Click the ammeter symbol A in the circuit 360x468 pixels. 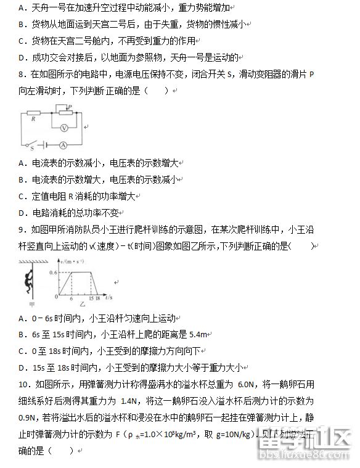click(62, 146)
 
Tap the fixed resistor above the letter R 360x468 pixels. click(33, 113)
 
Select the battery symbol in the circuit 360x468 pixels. click(45, 146)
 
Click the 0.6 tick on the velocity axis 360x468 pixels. click(53, 272)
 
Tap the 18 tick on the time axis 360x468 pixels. click(100, 297)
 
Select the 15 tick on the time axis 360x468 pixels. click(91, 297)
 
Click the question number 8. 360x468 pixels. click(21, 75)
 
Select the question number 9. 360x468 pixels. click(21, 230)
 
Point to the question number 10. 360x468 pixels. click(23, 384)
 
